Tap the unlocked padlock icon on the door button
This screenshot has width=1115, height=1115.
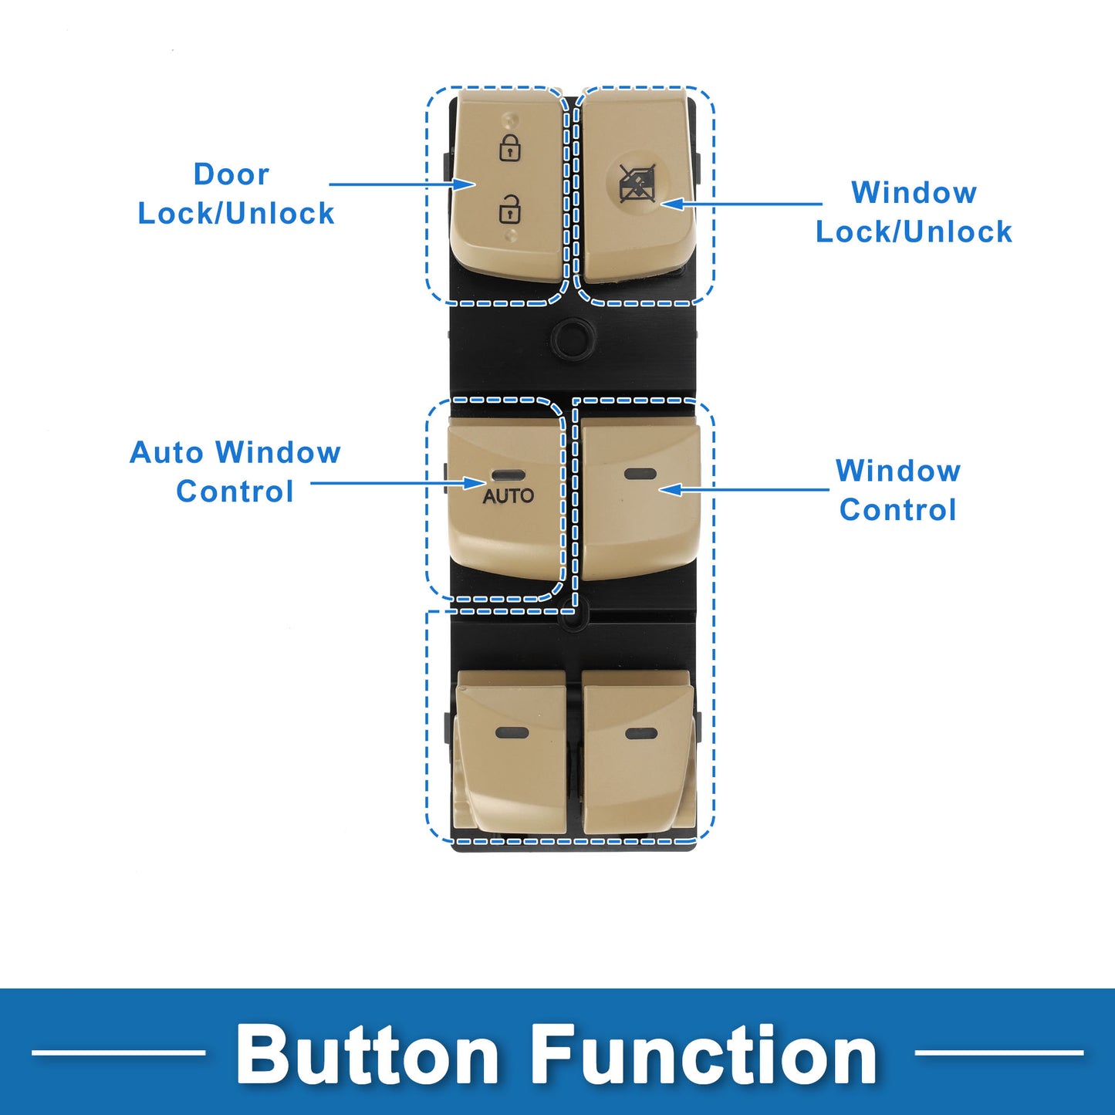tap(510, 209)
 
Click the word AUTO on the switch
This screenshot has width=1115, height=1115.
tap(508, 496)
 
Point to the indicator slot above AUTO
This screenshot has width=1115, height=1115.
tap(508, 475)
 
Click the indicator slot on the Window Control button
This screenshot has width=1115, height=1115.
tap(640, 473)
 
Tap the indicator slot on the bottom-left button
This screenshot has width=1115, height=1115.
tap(512, 733)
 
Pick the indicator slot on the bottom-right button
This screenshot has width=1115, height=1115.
tap(641, 734)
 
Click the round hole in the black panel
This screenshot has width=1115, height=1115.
tap(573, 336)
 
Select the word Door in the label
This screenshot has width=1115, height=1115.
tap(231, 174)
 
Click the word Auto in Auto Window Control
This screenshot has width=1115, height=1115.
tap(166, 452)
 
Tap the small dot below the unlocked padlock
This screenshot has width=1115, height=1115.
tap(510, 235)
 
